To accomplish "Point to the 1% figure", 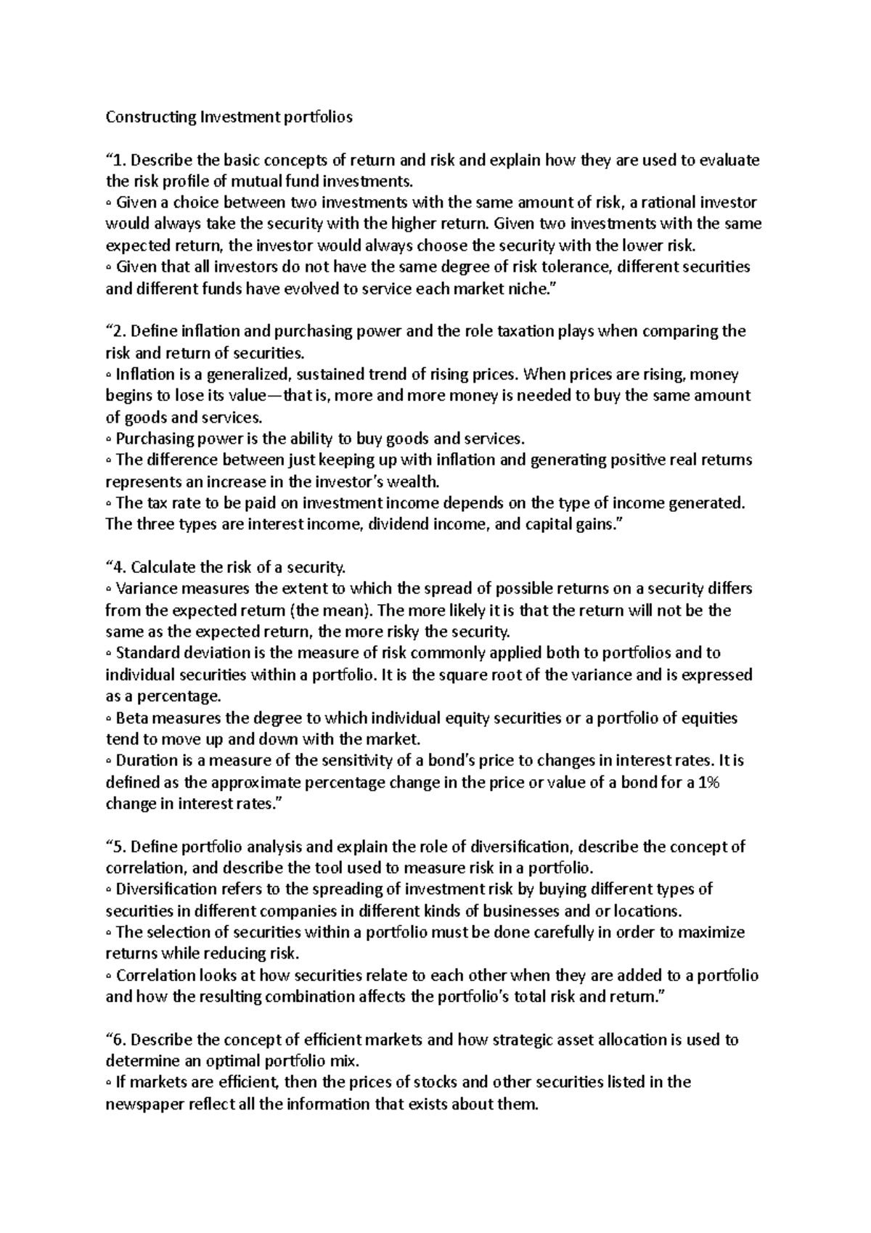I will click(x=707, y=783).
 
